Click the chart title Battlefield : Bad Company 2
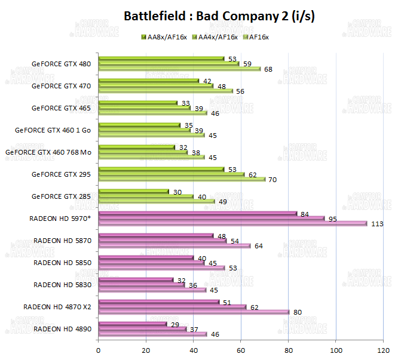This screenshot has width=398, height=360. [219, 16]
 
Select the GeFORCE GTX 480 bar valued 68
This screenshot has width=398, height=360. [179, 69]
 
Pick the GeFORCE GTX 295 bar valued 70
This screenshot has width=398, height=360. [181, 179]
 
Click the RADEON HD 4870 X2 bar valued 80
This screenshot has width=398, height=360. [193, 312]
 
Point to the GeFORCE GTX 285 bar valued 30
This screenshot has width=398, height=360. [133, 192]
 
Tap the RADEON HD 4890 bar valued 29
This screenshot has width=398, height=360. [132, 324]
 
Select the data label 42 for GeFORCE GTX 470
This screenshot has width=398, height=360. [207, 81]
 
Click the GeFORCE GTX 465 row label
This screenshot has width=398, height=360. [61, 108]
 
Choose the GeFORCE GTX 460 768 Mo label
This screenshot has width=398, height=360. [48, 152]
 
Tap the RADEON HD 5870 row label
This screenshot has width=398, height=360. [62, 241]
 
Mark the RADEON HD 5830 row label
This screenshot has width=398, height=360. [62, 285]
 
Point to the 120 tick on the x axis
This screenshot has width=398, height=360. [383, 350]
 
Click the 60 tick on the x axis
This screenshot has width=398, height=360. [241, 350]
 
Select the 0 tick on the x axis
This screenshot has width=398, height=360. [98, 350]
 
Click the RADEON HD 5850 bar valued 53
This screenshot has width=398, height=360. [161, 267]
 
